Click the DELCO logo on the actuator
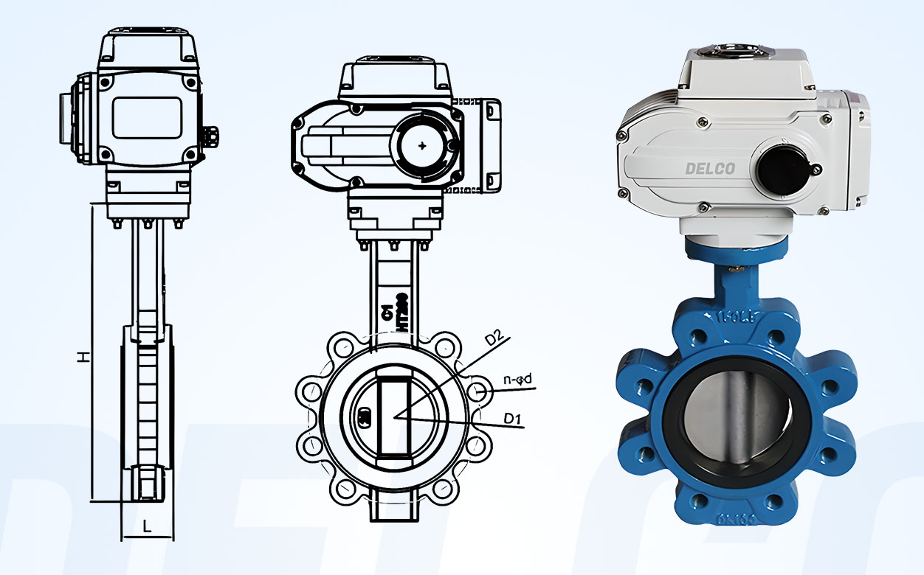pyautogui.click(x=710, y=168)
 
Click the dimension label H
pyautogui.click(x=85, y=357)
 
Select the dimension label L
pyautogui.click(x=147, y=526)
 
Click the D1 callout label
pyautogui.click(x=513, y=419)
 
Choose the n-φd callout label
pyautogui.click(x=517, y=380)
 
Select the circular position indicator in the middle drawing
pyautogui.click(x=421, y=145)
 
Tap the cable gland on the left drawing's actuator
pyautogui.click(x=212, y=136)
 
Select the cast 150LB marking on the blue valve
pyautogui.click(x=738, y=318)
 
